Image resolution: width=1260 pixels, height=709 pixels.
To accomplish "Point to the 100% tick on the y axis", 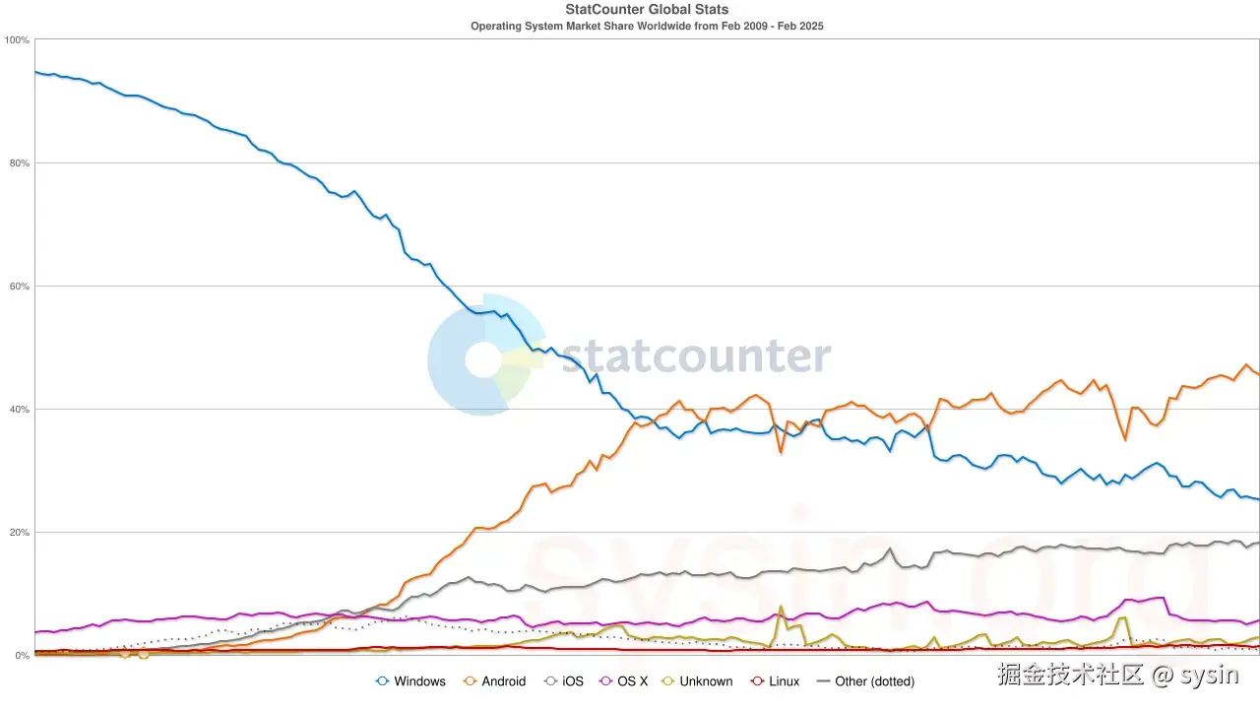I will click(x=17, y=40).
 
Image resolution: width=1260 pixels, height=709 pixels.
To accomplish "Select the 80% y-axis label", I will click(x=19, y=163).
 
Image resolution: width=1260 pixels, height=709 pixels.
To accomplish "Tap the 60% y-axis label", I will click(x=19, y=287).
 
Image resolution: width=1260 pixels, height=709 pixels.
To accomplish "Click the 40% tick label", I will click(x=19, y=410).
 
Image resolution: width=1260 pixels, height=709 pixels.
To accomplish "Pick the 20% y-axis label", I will click(x=19, y=533).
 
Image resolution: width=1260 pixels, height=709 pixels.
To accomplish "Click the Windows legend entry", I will click(x=410, y=681).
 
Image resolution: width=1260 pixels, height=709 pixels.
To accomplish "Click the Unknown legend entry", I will click(x=696, y=681).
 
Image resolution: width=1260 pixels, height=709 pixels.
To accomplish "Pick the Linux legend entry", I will click(x=775, y=681).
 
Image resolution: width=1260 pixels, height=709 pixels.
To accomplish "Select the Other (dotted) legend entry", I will click(x=865, y=681).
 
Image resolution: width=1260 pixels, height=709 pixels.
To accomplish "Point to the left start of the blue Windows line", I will click(x=35, y=72).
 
